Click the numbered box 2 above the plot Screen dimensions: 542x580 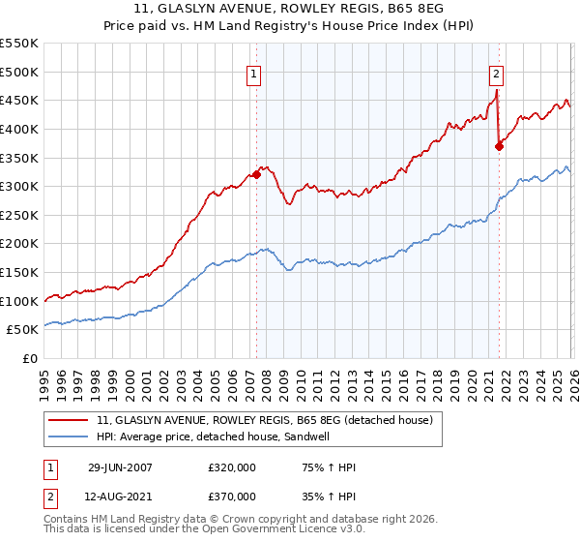[x=496, y=73]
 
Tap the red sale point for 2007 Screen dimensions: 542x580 [x=256, y=175]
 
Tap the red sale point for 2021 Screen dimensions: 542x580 [x=500, y=147]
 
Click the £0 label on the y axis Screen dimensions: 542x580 [x=29, y=359]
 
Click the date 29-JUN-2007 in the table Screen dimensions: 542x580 [x=120, y=467]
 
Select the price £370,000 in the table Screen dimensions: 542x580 [x=231, y=497]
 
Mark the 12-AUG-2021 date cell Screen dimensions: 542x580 [x=120, y=497]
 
